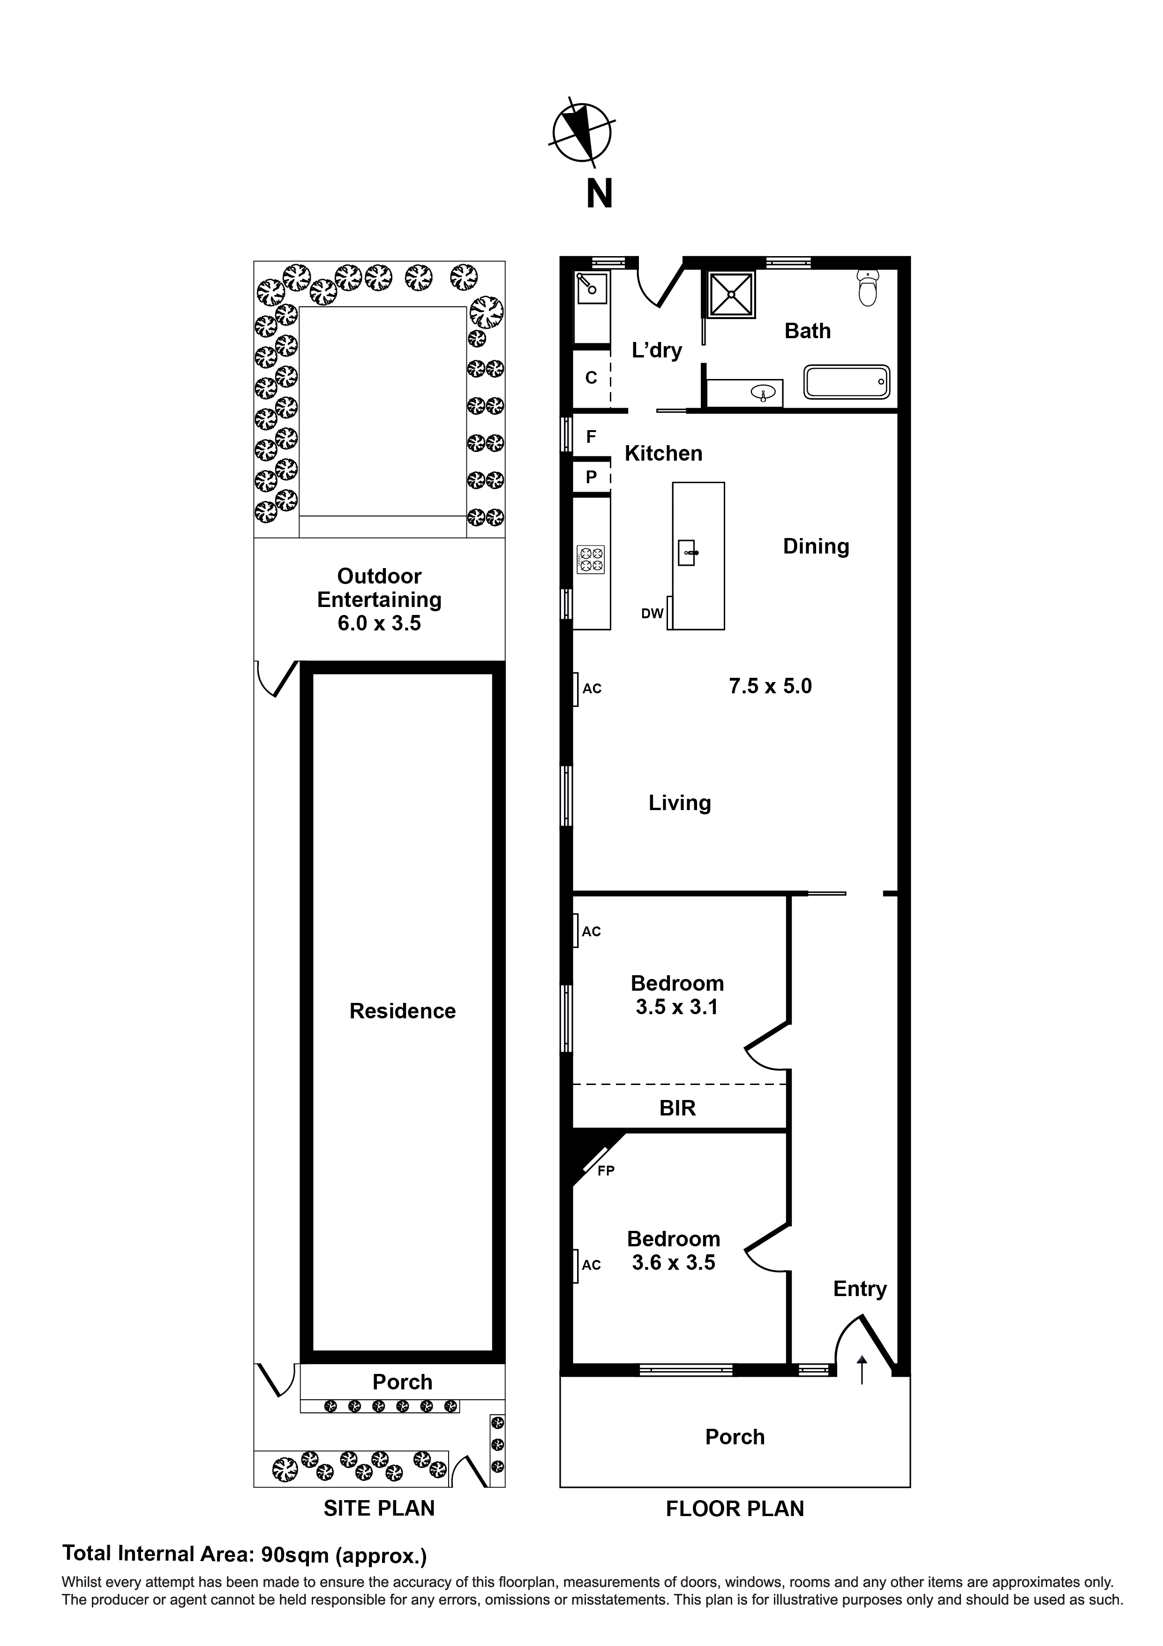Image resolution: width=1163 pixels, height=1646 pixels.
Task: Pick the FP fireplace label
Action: (606, 1171)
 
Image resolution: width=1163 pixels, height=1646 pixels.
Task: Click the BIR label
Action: (677, 1108)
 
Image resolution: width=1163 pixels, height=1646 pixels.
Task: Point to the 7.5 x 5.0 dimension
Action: (770, 686)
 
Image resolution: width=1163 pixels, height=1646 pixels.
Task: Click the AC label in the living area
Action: (592, 689)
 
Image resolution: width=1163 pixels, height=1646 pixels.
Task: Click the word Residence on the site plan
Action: (403, 1011)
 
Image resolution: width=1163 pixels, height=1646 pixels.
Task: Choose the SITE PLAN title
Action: (379, 1509)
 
